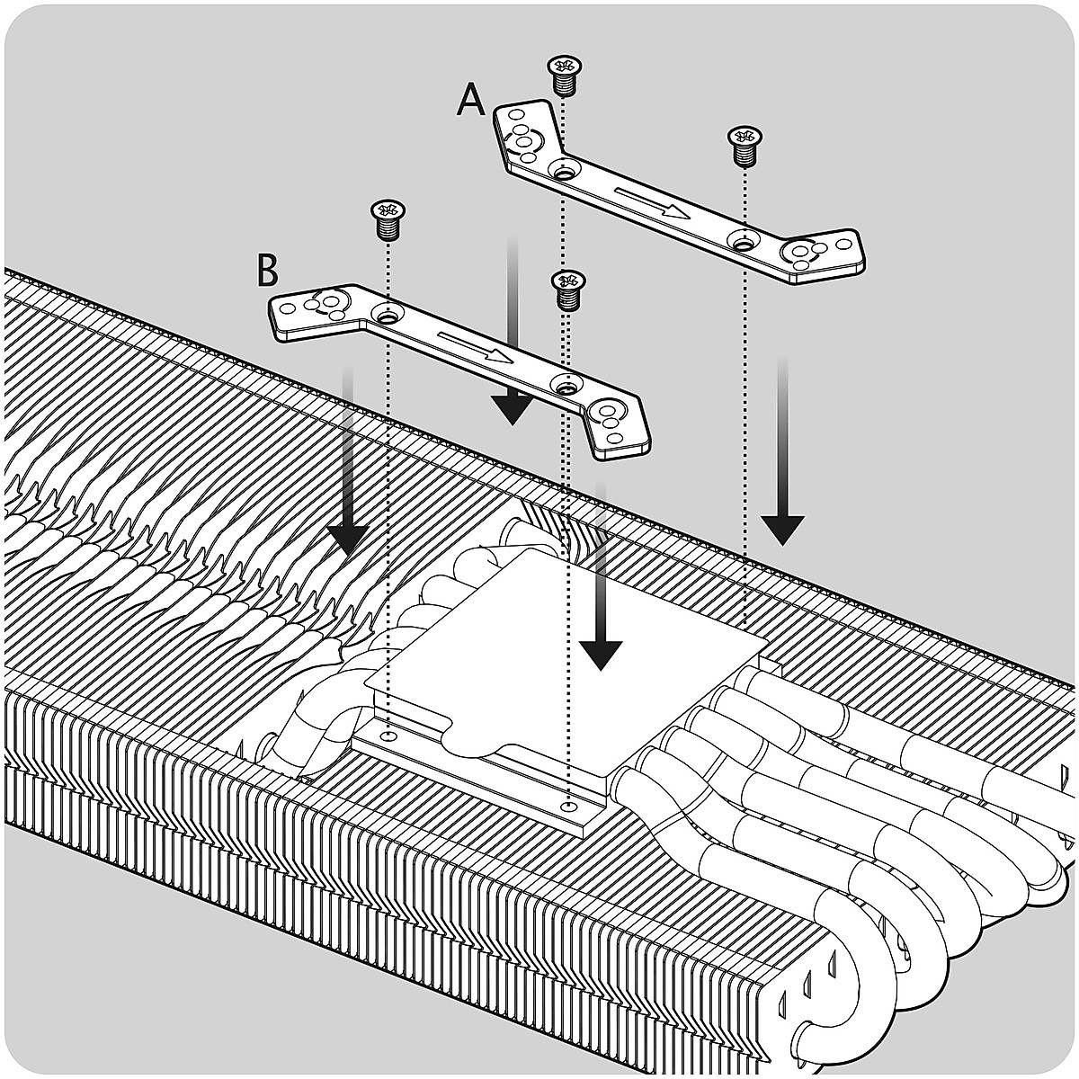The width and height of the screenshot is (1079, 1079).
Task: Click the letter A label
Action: [x=470, y=99]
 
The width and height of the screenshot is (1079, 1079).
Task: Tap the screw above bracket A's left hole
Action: [x=564, y=74]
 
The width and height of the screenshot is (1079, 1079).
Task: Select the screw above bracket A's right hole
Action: [x=743, y=144]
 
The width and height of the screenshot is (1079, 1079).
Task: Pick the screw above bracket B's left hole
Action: [x=387, y=218]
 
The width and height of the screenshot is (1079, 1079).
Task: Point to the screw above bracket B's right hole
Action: [x=566, y=290]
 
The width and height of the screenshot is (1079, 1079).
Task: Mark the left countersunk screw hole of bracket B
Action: [x=387, y=316]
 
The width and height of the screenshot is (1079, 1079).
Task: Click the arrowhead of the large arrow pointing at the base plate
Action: [x=600, y=654]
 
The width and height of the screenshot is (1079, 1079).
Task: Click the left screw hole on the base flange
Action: [x=387, y=735]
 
